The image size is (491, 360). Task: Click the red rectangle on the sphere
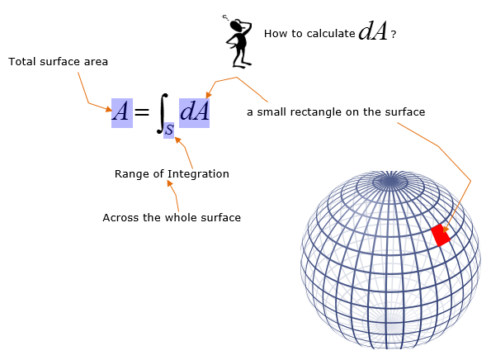pos(441,235)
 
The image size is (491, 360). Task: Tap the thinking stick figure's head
pos(237,25)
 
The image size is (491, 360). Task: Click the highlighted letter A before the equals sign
pos(122,113)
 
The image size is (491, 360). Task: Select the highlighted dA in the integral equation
pos(194,113)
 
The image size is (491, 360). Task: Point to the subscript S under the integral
pos(169,130)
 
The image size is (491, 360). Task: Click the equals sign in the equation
pos(142,111)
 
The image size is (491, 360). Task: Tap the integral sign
pos(163,113)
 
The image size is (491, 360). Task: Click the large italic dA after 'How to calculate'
pos(373,31)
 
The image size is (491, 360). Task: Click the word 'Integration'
pos(198,174)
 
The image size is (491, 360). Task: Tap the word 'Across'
pos(120,217)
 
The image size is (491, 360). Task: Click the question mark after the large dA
pos(394,34)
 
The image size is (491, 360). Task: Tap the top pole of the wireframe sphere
pos(390,181)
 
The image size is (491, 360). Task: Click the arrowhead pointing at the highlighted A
pos(109,109)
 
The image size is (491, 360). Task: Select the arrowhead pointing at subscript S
pos(177,140)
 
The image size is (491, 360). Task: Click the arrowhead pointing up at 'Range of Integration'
pos(170,183)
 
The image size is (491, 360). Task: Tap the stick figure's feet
pos(242,64)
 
